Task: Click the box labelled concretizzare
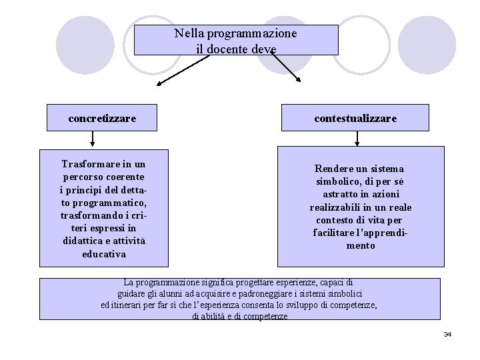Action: point(102,119)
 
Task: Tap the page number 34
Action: point(447,333)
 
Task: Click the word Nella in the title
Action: point(190,33)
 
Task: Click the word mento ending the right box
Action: point(360,245)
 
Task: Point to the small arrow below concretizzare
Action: point(92,139)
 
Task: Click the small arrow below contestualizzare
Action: point(358,139)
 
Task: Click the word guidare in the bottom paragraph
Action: point(131,294)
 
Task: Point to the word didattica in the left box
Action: point(80,241)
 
